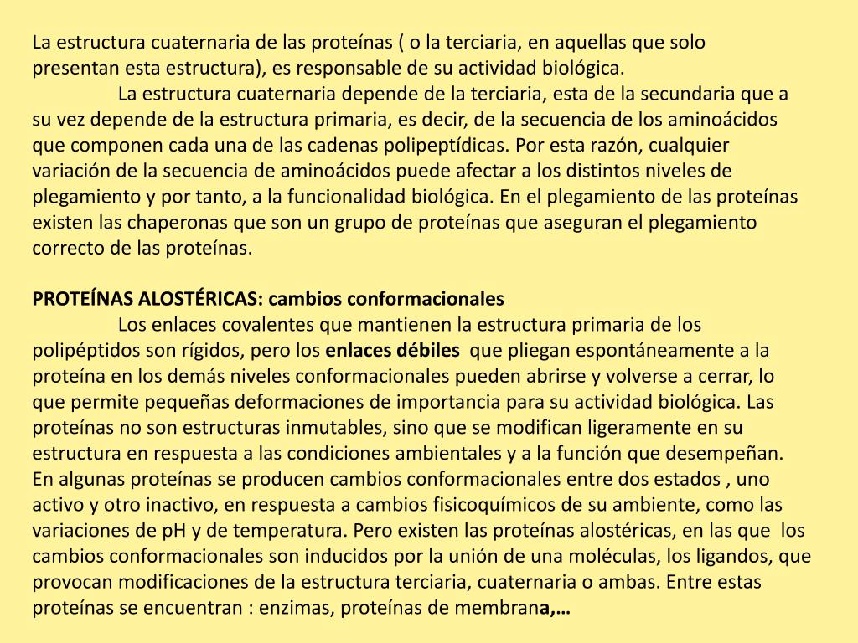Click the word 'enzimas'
click(x=292, y=609)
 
